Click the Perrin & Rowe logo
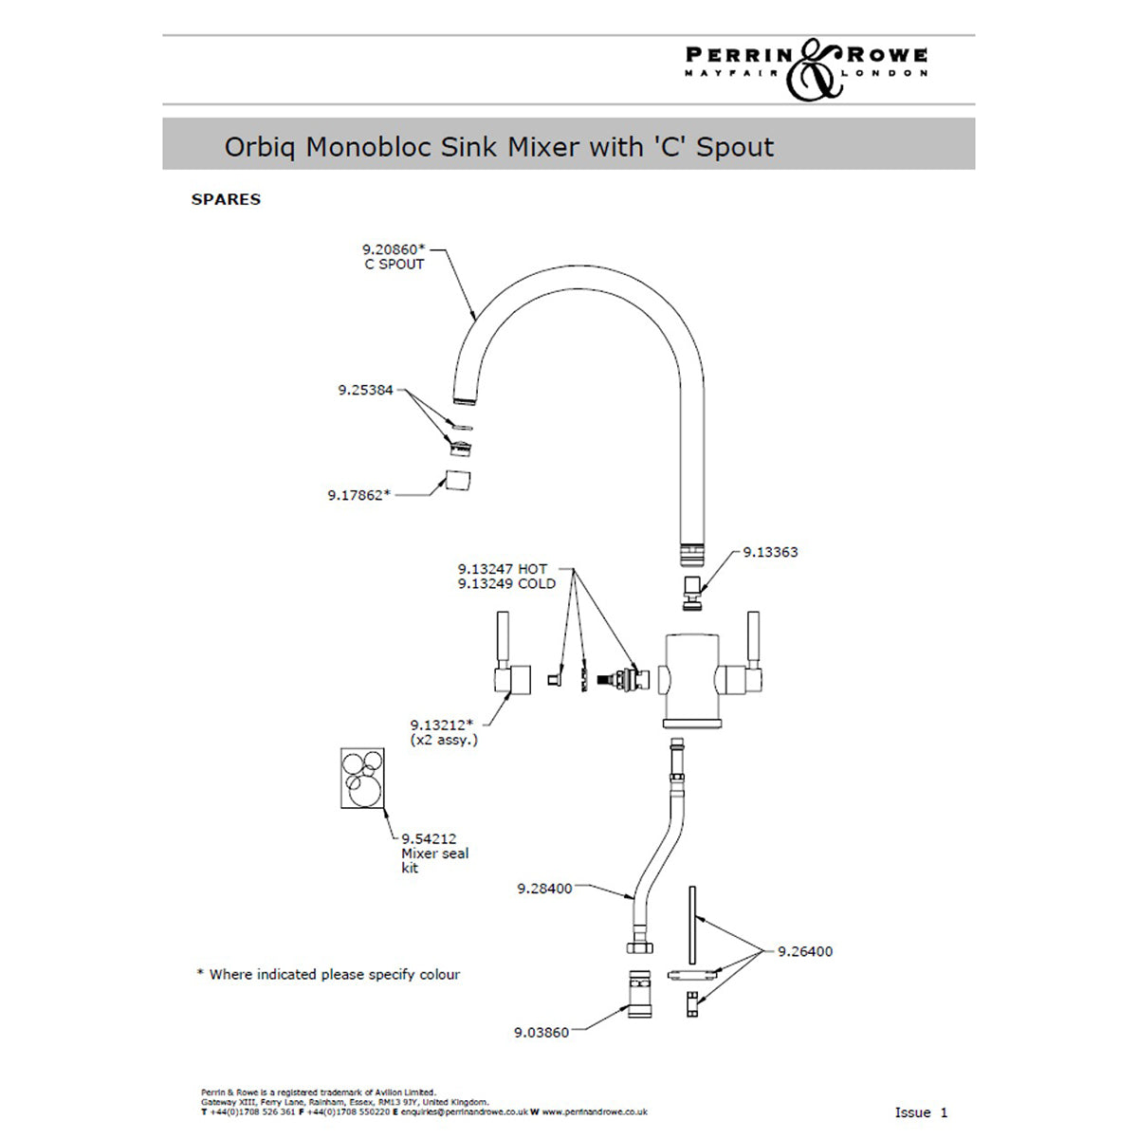806,67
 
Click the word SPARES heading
226,199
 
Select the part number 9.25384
365,390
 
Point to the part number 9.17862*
358,495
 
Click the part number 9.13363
770,552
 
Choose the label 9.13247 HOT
503,569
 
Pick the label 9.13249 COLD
506,584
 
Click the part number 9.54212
429,838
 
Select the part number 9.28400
544,889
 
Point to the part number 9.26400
805,951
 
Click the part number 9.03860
541,1032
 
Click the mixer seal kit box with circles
362,779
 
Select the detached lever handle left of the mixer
510,665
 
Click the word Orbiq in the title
260,147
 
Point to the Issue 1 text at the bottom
921,1112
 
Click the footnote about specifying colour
328,974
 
